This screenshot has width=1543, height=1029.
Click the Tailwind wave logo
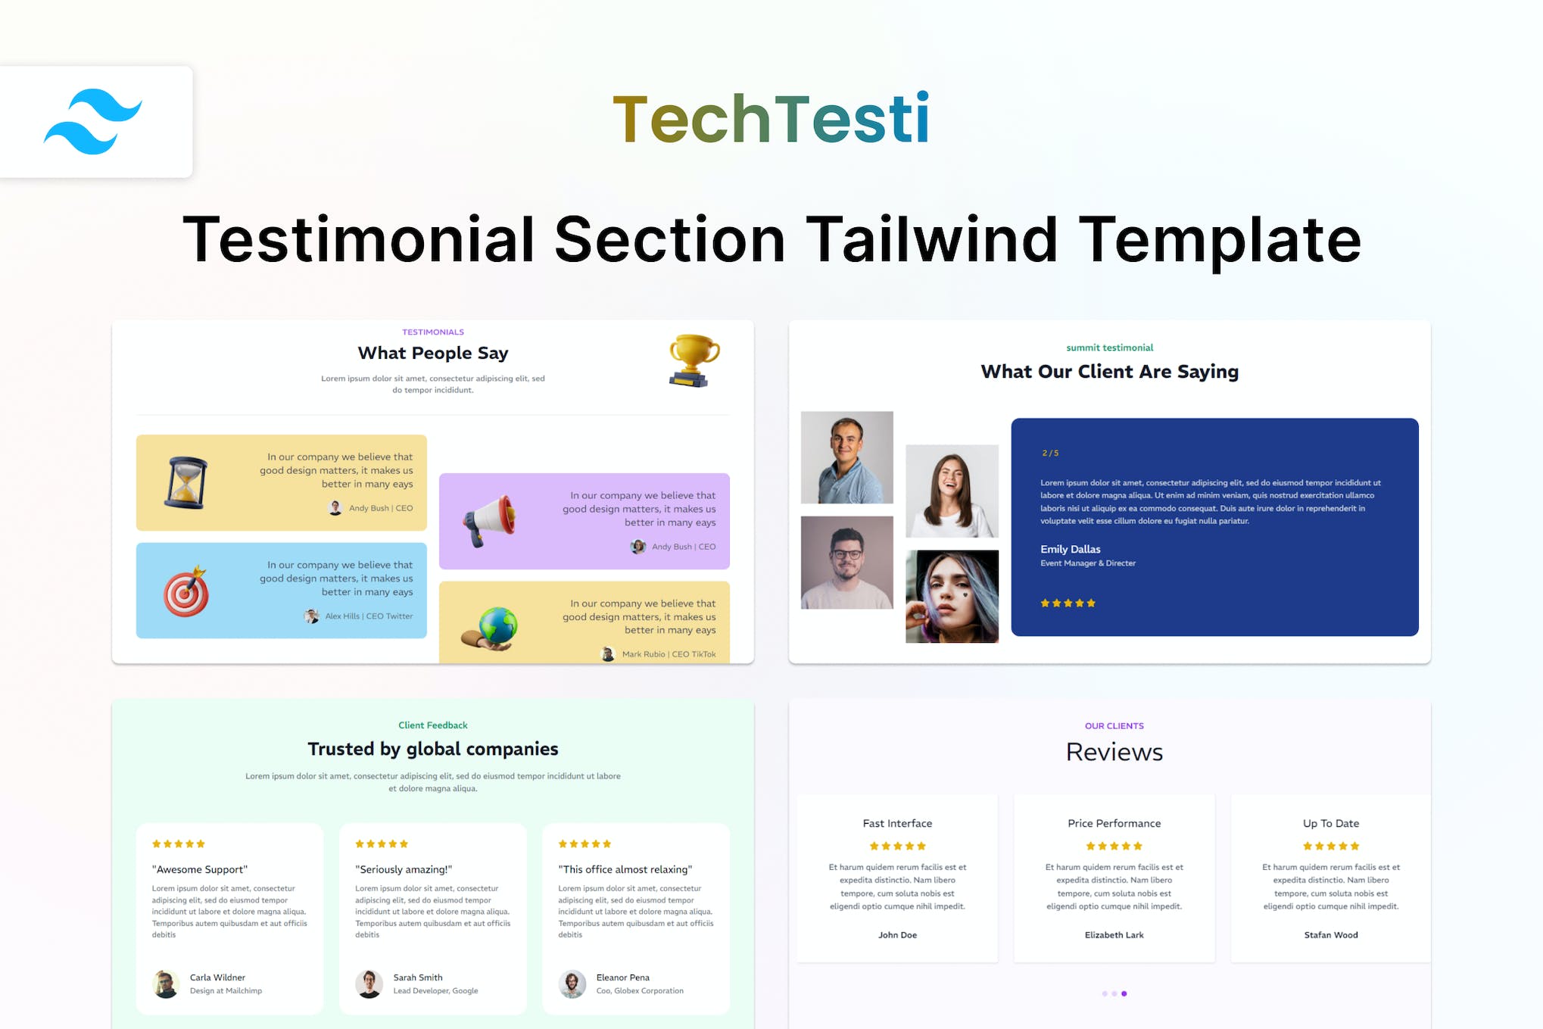pos(92,121)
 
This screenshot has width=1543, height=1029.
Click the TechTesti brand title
pos(771,118)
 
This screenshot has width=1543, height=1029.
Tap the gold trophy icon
pos(694,360)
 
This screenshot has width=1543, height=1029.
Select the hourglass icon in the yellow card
pos(185,482)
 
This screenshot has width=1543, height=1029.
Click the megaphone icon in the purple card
pos(489,520)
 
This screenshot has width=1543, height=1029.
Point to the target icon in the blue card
pos(186,591)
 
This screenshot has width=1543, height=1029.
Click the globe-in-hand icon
pos(490,628)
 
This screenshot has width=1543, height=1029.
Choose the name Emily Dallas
pos(1070,549)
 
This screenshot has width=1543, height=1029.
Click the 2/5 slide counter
pos(1050,453)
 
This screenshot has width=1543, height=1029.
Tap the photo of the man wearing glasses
pos(846,563)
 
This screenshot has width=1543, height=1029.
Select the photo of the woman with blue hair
pos(952,597)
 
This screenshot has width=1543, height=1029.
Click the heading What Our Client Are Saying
pos(1109,371)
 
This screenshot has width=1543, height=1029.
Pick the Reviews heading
pos(1114,752)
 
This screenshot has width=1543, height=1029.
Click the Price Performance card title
pos(1114,823)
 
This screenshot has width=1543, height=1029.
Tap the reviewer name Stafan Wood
pos(1330,935)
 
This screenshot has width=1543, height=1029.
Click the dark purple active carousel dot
pos(1124,993)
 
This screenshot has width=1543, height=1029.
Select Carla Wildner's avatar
pos(166,984)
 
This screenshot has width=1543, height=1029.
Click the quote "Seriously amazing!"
pos(404,869)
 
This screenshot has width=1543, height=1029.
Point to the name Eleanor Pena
pos(622,978)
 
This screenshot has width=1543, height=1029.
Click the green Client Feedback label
pos(433,725)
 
